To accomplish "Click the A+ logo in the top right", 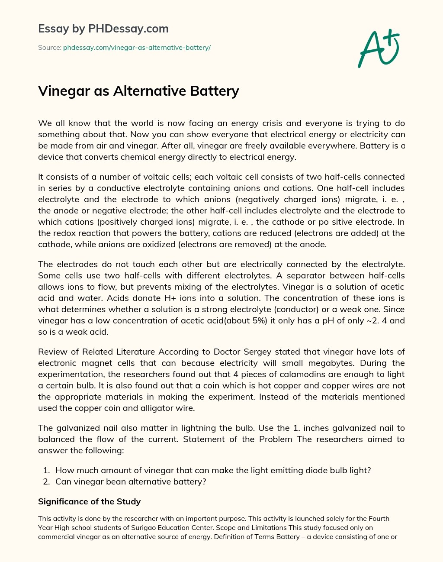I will [379, 48].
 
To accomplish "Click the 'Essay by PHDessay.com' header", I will [103, 29].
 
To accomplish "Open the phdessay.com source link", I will [137, 48].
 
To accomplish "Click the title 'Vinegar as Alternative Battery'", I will [138, 91].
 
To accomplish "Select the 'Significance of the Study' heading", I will [89, 501].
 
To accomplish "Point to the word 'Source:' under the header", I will [49, 48].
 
